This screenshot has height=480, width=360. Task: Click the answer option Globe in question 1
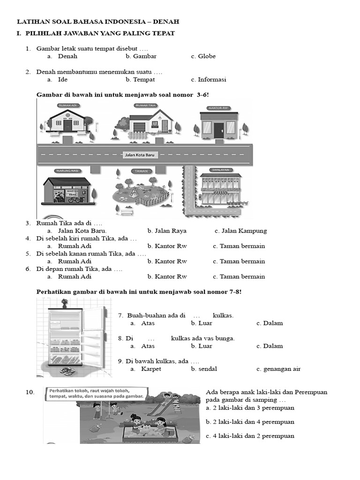[207, 56]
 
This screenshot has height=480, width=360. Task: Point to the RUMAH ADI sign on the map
[67, 106]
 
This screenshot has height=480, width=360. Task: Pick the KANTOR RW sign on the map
[218, 108]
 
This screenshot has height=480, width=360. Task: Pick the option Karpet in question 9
[151, 369]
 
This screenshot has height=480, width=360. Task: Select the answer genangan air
[282, 369]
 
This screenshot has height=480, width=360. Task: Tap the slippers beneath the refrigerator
[67, 370]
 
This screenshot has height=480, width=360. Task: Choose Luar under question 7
[205, 323]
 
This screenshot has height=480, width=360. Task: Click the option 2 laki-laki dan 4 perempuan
[250, 422]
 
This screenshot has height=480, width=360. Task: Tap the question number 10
[30, 392]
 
